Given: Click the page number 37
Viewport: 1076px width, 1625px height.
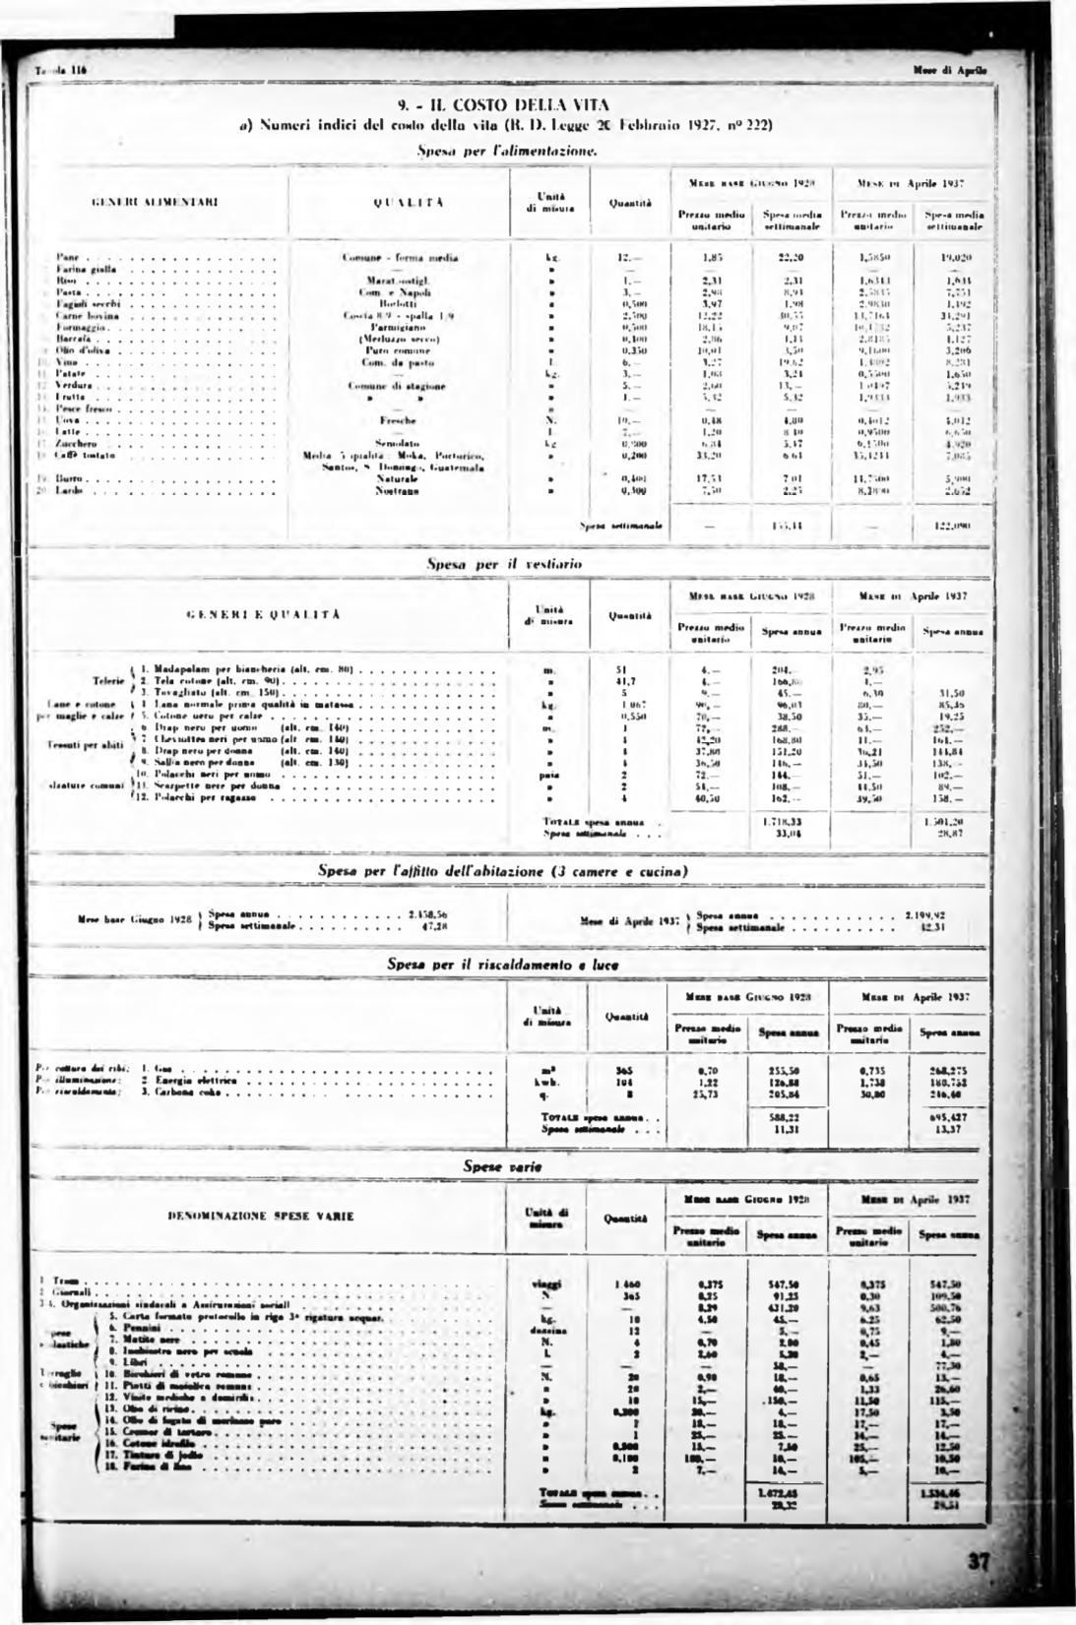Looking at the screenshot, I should pos(978,1562).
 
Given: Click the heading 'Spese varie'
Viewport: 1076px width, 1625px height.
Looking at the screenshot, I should pos(503,1166).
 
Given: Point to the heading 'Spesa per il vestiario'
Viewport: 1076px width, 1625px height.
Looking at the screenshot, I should pos(503,564).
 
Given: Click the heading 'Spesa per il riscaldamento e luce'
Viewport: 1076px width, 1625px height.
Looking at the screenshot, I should pos(503,966).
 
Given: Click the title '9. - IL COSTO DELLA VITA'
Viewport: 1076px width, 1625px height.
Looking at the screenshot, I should pos(503,104).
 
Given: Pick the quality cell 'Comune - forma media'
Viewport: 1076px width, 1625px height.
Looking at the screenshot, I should pos(400,258).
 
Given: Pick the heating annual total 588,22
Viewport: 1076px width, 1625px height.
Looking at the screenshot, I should pos(785,1117).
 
